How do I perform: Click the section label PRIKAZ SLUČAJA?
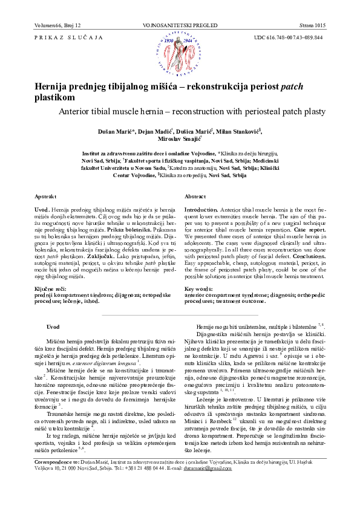[63, 38]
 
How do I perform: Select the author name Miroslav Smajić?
[179, 139]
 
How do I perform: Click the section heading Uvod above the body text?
[53, 326]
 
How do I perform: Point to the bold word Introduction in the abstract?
[202, 209]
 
